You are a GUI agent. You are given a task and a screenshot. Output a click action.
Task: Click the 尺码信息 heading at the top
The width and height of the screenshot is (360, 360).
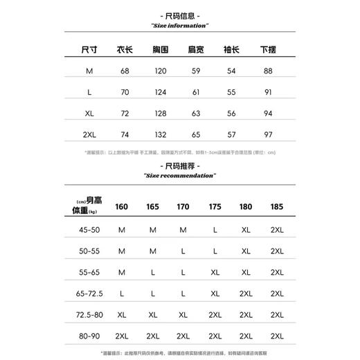click(179, 14)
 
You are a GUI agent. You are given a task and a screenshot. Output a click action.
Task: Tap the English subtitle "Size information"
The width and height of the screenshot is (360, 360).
click(179, 25)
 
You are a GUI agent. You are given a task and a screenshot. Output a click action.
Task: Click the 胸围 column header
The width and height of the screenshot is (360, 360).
click(161, 50)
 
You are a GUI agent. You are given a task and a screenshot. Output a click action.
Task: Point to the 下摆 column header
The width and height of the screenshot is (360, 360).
click(268, 50)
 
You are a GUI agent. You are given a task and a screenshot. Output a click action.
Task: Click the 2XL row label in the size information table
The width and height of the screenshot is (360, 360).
click(89, 134)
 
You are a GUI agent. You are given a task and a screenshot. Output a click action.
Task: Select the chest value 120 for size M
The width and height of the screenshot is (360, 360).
click(161, 71)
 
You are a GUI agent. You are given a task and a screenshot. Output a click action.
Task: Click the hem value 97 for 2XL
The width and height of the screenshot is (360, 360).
click(268, 134)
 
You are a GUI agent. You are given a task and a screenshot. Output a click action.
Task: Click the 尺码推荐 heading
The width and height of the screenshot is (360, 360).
click(179, 167)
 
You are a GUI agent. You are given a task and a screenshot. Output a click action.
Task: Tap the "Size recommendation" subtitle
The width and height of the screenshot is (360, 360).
click(179, 177)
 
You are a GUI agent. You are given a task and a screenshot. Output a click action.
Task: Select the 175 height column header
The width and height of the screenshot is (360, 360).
click(215, 206)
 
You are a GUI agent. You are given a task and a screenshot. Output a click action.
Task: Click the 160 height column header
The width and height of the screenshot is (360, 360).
click(123, 206)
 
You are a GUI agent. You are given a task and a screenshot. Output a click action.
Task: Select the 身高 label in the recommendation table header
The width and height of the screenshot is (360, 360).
click(95, 201)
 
